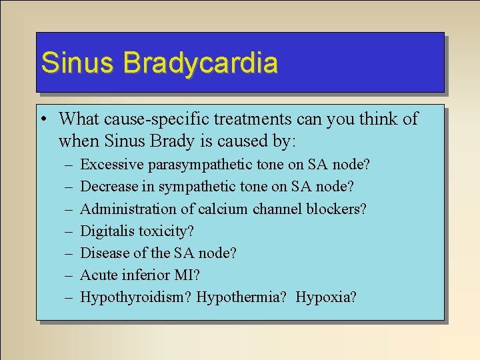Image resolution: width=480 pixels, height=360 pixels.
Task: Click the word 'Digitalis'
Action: (x=107, y=231)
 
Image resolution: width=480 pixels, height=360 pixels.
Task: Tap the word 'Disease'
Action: (x=103, y=253)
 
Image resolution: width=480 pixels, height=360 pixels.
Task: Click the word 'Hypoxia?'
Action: (x=327, y=297)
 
